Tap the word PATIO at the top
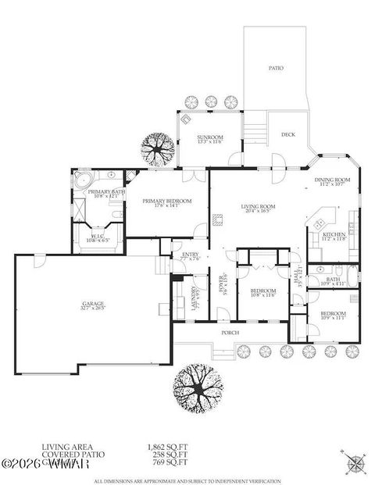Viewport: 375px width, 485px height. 275,69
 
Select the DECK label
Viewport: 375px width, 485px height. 287,135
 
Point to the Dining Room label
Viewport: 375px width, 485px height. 332,180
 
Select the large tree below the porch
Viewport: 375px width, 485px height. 196,386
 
